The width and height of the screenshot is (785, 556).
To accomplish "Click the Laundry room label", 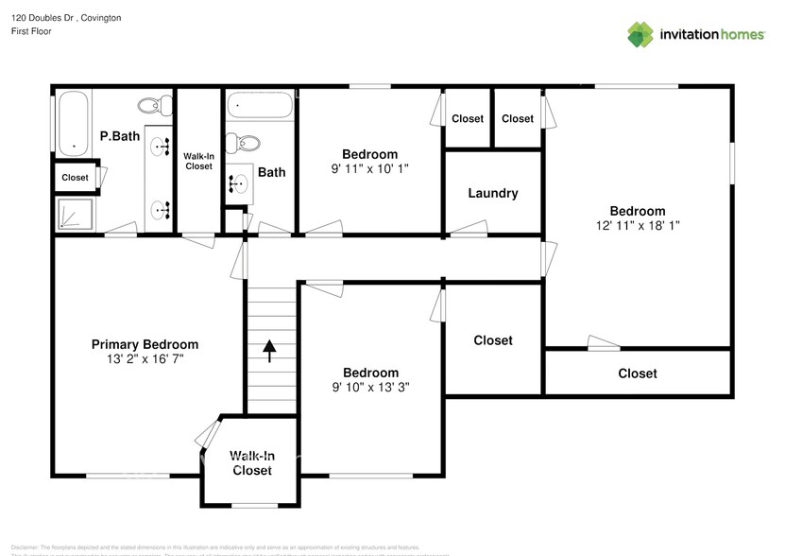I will [x=492, y=193].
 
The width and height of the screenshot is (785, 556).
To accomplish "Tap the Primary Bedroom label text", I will [x=145, y=344].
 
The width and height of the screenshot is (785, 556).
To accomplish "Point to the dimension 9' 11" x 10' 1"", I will [x=369, y=168].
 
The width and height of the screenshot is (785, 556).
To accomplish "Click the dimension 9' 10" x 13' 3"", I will [x=370, y=387].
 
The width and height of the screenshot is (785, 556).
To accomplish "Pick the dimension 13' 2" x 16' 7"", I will [x=145, y=359].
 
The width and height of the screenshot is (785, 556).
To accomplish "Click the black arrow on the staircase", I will [x=270, y=351].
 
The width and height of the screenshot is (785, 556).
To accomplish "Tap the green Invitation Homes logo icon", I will [x=640, y=34].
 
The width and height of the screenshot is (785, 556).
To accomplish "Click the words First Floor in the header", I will [x=31, y=31].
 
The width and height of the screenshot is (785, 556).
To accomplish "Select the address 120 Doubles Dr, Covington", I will [x=66, y=18].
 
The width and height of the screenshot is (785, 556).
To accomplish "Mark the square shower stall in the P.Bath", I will [x=75, y=214].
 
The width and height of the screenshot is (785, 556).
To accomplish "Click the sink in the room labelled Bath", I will [x=235, y=184].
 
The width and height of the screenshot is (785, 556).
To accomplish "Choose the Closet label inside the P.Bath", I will [x=75, y=178].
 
